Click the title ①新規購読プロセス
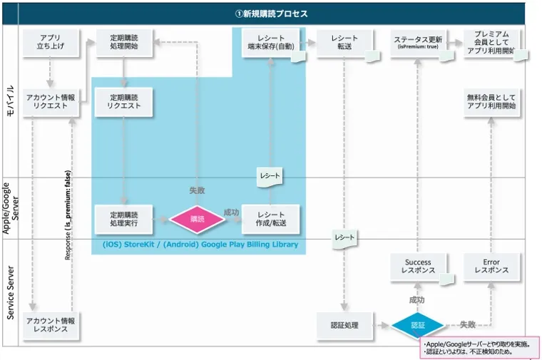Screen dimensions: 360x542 pos(271,14)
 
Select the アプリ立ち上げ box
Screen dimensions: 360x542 pos(49,43)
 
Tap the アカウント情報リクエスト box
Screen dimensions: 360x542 pos(49,102)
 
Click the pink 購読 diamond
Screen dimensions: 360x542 pos(197,220)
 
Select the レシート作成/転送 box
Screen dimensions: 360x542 pos(270,219)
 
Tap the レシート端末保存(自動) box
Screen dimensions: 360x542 pos(270,43)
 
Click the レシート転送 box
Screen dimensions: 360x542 pos(344,43)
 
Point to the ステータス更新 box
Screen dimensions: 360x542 pos(417,43)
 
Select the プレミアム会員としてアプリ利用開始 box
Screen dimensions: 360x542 pos(491,43)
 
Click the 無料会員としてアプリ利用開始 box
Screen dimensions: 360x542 pos(491,102)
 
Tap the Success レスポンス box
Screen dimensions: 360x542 pos(417,267)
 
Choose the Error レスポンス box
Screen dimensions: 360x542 pos(491,267)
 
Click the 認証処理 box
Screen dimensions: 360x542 pos(344,326)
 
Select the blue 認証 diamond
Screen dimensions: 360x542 pos(417,326)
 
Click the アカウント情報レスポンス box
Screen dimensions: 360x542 pos(49,326)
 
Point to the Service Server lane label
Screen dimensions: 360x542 pos(10,292)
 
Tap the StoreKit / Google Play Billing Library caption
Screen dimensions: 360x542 pos(200,245)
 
